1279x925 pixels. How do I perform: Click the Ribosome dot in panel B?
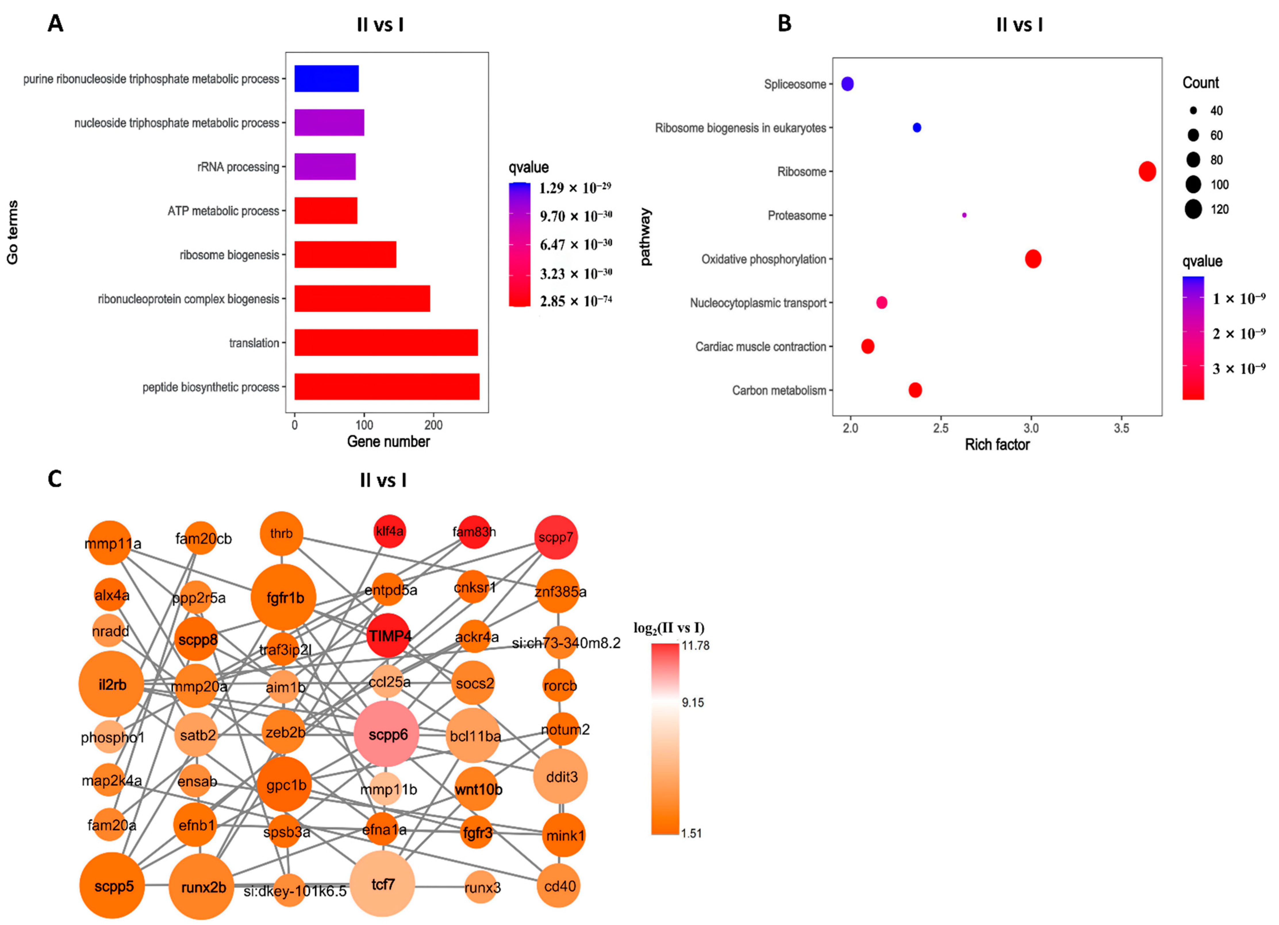coord(1147,171)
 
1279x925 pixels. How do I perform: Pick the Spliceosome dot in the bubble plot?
coord(847,84)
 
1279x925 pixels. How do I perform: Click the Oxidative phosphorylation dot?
coord(1033,259)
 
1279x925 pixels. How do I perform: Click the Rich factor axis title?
coord(997,445)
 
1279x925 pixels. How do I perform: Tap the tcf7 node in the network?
coord(382,884)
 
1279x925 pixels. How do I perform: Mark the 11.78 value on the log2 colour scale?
coord(695,645)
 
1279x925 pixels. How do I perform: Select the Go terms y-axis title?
coord(12,232)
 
